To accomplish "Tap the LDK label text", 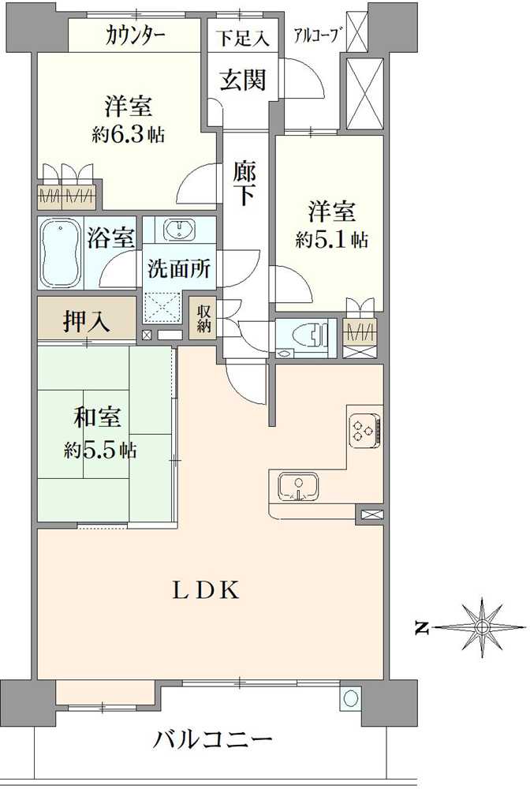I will tap(207, 590).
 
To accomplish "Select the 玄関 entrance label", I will tap(242, 80).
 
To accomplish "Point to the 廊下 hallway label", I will tap(244, 182).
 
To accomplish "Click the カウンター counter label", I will tap(135, 35).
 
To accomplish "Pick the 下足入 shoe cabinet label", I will tap(243, 37).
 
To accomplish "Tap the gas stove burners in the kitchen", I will tap(364, 431).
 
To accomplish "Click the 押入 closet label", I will tap(87, 322).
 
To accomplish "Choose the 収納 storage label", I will tap(204, 317).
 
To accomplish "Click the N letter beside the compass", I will tap(423, 628).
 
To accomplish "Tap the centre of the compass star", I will tap(481, 627).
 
